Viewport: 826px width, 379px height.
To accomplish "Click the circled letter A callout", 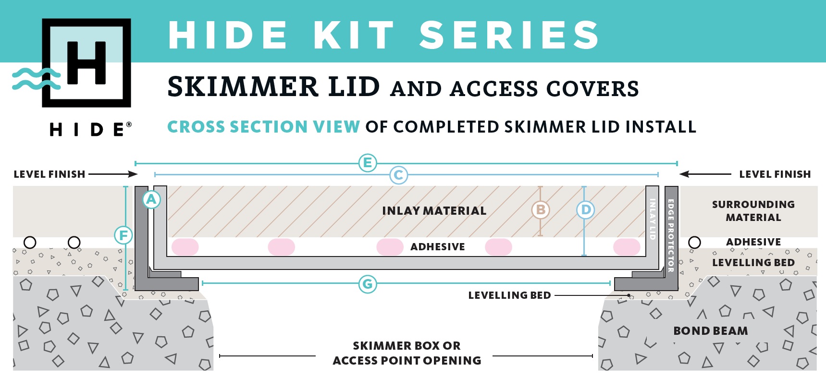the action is [x=151, y=199].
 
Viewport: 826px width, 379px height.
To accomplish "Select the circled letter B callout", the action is [x=541, y=210].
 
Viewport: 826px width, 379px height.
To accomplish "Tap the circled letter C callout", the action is [x=398, y=175].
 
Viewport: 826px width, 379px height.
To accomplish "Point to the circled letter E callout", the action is [x=368, y=163].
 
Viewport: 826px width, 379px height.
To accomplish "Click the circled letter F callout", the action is [x=123, y=235].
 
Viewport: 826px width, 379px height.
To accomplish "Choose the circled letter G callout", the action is [x=368, y=284].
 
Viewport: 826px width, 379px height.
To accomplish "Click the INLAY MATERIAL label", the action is [x=434, y=211].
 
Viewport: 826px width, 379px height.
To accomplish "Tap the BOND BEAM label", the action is [x=711, y=331].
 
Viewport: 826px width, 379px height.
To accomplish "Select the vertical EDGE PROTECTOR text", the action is [x=671, y=235].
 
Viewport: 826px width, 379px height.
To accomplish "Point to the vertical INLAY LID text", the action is [x=653, y=219].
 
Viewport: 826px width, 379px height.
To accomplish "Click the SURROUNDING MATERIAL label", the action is [x=753, y=211].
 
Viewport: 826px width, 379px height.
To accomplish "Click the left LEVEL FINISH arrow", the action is [x=113, y=174].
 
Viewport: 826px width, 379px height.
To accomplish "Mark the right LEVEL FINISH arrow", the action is [x=705, y=174].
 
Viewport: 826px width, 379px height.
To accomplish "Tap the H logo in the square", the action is [x=86, y=63].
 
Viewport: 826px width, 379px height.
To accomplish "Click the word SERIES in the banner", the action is [x=509, y=35].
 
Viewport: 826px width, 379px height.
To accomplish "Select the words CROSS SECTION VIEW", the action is [x=263, y=127].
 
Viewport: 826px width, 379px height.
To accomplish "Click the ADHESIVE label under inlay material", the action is [x=438, y=247].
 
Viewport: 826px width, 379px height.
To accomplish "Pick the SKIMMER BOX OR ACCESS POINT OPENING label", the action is [x=407, y=353].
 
